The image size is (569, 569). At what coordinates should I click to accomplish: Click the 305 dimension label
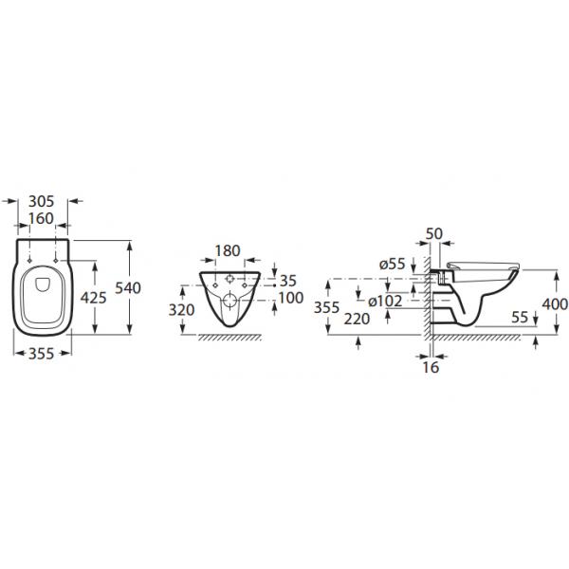coord(42,201)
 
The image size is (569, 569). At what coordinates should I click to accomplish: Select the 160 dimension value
coord(41,218)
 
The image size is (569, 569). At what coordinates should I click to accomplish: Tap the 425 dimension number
coord(94,298)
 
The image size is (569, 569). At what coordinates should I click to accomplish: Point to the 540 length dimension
coord(128,287)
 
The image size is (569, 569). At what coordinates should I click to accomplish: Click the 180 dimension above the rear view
coord(228,250)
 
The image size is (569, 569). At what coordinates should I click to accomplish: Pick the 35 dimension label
coord(288,281)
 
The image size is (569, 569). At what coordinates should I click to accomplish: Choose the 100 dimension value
coord(291,298)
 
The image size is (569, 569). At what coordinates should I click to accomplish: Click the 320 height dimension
coord(181,310)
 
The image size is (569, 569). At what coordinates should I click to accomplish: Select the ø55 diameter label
coord(393,265)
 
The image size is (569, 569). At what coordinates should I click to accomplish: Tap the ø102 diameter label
coord(385,302)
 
